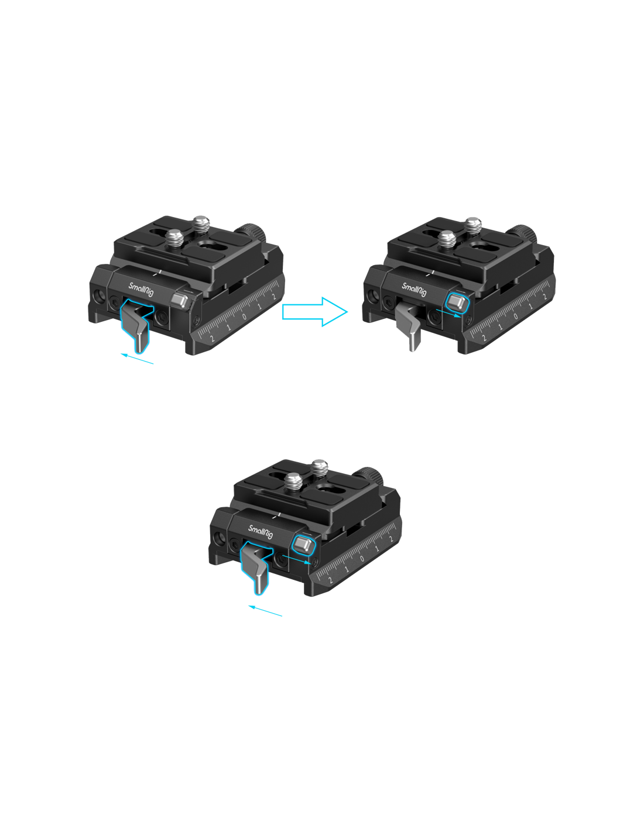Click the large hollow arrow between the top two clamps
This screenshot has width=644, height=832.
[314, 311]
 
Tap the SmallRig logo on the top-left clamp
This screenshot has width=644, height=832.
[141, 290]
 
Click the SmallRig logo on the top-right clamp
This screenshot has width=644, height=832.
[414, 290]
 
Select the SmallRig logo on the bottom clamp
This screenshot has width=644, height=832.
[261, 531]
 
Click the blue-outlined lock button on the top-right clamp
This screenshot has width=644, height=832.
[457, 303]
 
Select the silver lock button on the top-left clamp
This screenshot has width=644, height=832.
[180, 301]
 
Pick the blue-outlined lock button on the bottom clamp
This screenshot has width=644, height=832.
[303, 545]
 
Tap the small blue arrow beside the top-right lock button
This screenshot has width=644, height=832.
[448, 313]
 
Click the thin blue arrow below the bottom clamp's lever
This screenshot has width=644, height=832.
[265, 611]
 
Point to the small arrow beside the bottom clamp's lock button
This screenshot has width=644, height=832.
[296, 559]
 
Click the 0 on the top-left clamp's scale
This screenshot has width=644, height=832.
[244, 317]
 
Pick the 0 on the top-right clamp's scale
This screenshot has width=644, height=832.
[516, 317]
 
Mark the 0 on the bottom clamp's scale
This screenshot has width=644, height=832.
[362, 559]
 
